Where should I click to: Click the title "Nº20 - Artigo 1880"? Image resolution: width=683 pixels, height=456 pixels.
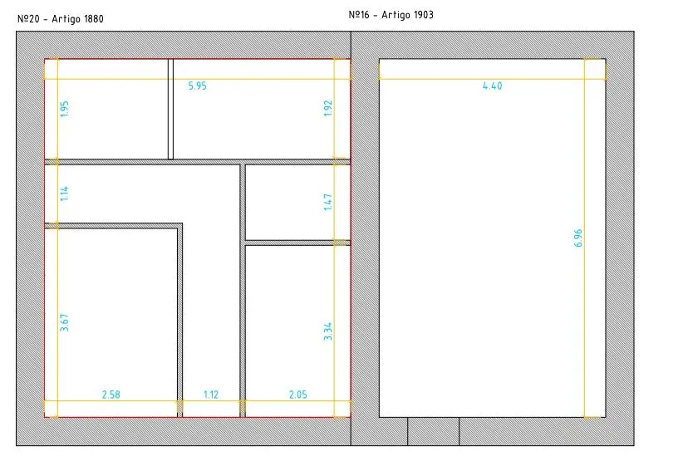click(60, 19)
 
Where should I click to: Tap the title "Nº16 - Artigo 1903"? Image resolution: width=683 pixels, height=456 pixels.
click(391, 15)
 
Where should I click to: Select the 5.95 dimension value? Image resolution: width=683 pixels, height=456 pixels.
click(197, 86)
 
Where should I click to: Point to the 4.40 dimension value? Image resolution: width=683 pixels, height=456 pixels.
click(492, 86)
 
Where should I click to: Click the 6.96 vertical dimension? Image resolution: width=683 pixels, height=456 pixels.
click(578, 238)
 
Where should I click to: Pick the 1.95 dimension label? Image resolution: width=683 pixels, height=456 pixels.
click(65, 109)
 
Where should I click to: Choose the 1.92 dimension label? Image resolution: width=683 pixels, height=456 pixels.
click(328, 109)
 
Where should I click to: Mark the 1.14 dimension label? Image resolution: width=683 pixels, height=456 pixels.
click(65, 194)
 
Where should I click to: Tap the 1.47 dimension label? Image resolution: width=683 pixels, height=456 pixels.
click(328, 203)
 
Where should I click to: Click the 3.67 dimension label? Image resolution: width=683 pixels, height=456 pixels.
click(65, 322)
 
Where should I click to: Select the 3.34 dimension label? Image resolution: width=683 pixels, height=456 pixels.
click(328, 331)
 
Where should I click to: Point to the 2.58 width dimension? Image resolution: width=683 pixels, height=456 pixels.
click(111, 395)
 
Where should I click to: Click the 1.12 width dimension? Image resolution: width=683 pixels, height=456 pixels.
click(211, 395)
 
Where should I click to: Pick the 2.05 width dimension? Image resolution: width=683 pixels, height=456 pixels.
click(298, 395)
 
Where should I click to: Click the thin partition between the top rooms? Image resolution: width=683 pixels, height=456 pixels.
click(171, 109)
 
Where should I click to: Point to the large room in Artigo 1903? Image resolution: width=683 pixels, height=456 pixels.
click(492, 238)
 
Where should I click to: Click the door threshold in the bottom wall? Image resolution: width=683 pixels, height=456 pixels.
click(434, 431)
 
